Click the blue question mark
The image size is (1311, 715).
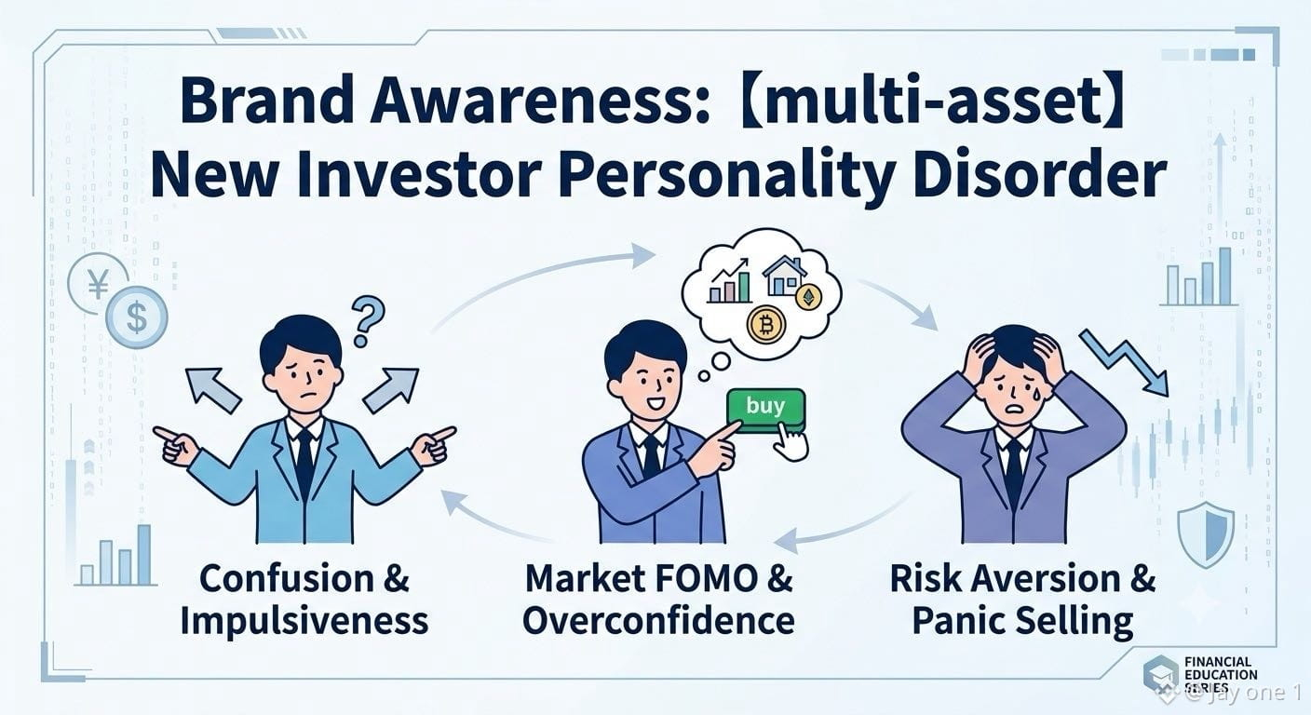pyautogui.click(x=368, y=320)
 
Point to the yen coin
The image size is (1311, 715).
pyautogui.click(x=99, y=284)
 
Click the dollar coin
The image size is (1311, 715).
pyautogui.click(x=136, y=318)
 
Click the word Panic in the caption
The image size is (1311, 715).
pyautogui.click(x=955, y=621)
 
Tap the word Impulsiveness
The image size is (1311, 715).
pyautogui.click(x=304, y=621)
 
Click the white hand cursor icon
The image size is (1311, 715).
pyautogui.click(x=791, y=444)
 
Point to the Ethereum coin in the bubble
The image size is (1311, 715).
pyautogui.click(x=809, y=298)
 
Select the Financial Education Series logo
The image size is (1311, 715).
pyautogui.click(x=1201, y=676)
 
